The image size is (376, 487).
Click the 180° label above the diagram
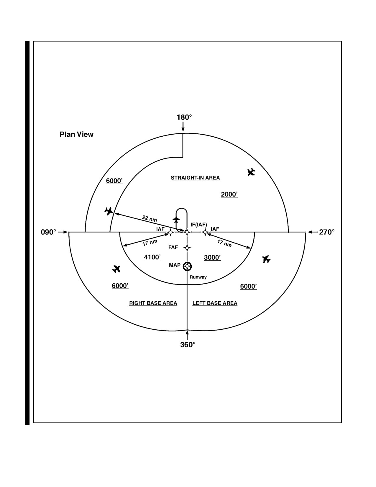(x=184, y=117)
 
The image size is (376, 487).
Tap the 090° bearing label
(x=48, y=232)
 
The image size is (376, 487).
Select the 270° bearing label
(x=327, y=232)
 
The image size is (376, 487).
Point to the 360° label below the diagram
(x=188, y=344)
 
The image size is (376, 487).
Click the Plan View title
(x=76, y=134)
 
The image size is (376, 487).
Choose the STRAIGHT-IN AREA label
(x=195, y=178)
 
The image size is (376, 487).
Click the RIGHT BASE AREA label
(x=153, y=303)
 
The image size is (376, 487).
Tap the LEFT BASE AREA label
(x=215, y=303)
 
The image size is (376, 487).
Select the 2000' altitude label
(x=229, y=194)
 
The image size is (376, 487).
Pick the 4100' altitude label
(x=152, y=257)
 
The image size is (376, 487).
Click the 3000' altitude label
(x=212, y=257)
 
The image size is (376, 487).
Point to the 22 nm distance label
(x=150, y=218)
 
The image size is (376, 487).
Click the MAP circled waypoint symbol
(x=187, y=267)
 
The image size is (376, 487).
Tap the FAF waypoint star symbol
(x=187, y=248)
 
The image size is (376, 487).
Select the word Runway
(x=198, y=277)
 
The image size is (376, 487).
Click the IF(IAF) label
(x=199, y=225)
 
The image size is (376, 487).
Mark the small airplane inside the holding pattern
(x=176, y=220)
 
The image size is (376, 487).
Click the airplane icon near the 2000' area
(x=251, y=172)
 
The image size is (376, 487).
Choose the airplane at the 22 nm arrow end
(x=109, y=211)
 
